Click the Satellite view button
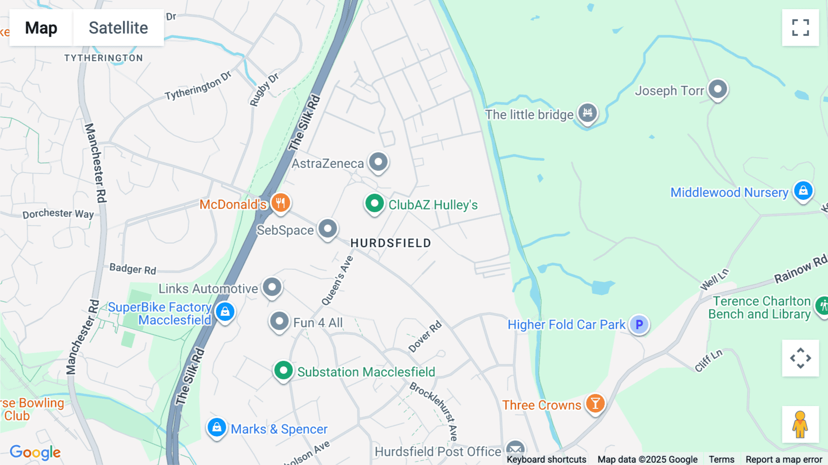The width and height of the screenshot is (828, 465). pyautogui.click(x=118, y=28)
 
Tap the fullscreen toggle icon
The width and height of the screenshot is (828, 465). pyautogui.click(x=800, y=28)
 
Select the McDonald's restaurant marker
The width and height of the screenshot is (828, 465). pyautogui.click(x=281, y=203)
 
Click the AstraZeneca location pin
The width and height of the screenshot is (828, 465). pyautogui.click(x=378, y=162)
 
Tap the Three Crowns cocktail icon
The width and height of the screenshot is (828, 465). pyautogui.click(x=595, y=404)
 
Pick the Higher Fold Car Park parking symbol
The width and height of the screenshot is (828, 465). pyautogui.click(x=639, y=325)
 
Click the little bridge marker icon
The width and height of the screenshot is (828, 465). pyautogui.click(x=587, y=113)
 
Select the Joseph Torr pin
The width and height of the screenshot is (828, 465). pyautogui.click(x=718, y=88)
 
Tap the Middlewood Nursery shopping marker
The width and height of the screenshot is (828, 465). pyautogui.click(x=803, y=191)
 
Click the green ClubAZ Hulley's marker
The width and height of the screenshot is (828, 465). pyautogui.click(x=374, y=203)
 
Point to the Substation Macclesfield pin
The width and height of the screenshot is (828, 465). pyautogui.click(x=283, y=371)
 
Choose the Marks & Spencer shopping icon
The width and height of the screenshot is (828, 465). pyautogui.click(x=217, y=428)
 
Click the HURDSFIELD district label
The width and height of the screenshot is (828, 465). pyautogui.click(x=391, y=243)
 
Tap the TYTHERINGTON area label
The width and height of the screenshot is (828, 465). pyautogui.click(x=103, y=58)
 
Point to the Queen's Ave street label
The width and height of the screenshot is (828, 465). pyautogui.click(x=337, y=281)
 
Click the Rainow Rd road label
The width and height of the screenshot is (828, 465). pyautogui.click(x=800, y=270)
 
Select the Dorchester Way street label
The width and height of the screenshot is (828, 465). pyautogui.click(x=58, y=214)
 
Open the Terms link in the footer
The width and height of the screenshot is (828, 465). pyautogui.click(x=721, y=459)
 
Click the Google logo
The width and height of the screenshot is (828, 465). pyautogui.click(x=35, y=452)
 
